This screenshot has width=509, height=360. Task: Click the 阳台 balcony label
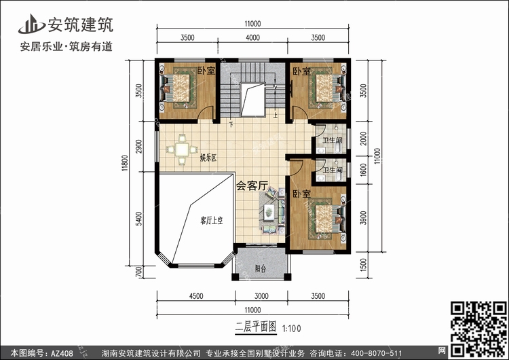point(261,269)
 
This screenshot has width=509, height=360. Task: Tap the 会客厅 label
point(252,186)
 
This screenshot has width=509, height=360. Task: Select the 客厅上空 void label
point(211,221)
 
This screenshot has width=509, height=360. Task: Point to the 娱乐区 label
point(208,158)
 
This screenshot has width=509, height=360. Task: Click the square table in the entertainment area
point(182,150)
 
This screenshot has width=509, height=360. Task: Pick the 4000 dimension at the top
point(252,37)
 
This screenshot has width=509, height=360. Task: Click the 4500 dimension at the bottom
point(196,296)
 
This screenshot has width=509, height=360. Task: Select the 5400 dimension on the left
point(138,219)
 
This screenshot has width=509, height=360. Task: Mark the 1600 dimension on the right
point(363,170)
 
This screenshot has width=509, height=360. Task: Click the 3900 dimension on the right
point(363,217)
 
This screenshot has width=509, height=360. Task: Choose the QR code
point(478,329)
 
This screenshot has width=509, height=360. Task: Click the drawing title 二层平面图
point(256,327)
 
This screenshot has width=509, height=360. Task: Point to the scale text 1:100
point(292,329)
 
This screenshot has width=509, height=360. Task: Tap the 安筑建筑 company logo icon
point(31,24)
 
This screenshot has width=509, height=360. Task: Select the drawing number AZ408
point(62,353)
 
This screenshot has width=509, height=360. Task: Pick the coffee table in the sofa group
point(269,213)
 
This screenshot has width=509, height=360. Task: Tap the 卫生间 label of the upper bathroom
point(332,141)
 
